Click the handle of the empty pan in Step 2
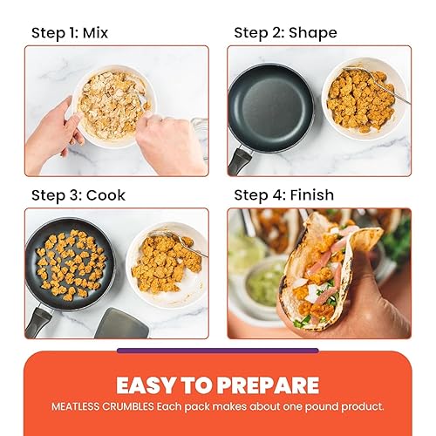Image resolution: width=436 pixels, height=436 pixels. coord(240,160)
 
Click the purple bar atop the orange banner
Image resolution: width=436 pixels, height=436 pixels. coord(218,351)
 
